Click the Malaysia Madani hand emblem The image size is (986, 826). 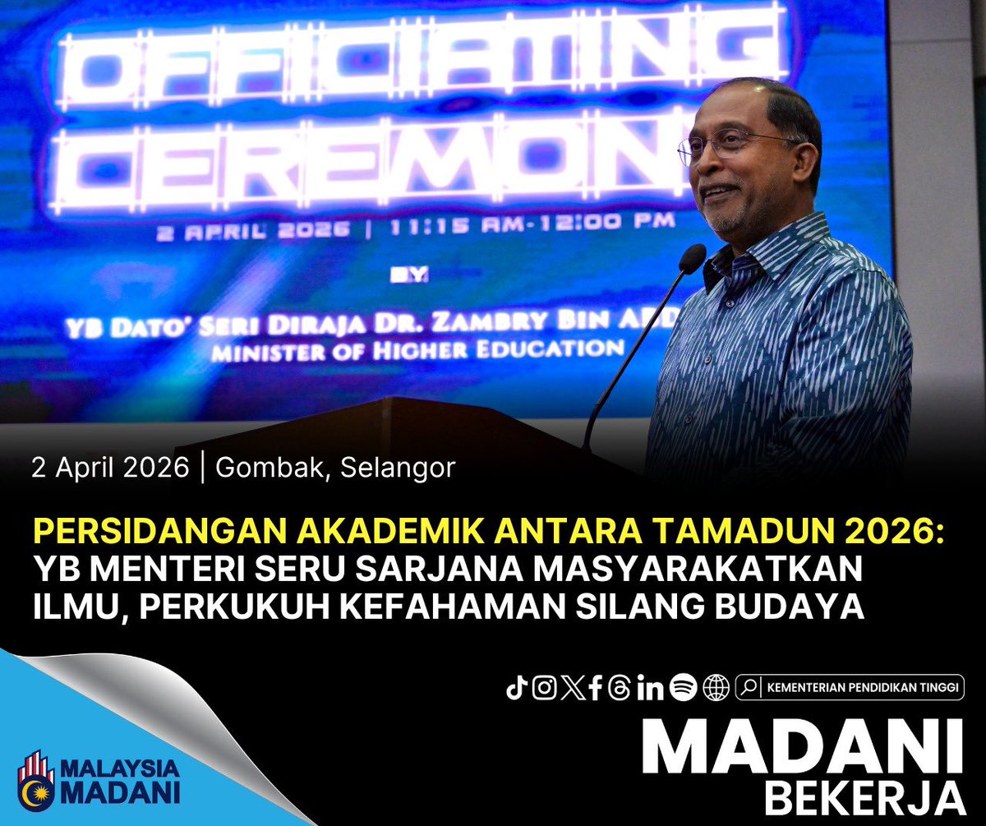pyautogui.click(x=36, y=778)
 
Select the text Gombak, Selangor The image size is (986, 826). pyautogui.click(x=335, y=468)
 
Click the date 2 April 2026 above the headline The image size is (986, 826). pyautogui.click(x=110, y=468)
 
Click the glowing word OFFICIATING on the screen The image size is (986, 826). pyautogui.click(x=427, y=66)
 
